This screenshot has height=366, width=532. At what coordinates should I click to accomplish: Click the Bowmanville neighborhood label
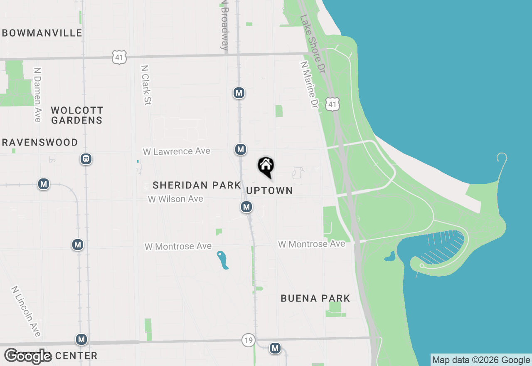[x=42, y=33]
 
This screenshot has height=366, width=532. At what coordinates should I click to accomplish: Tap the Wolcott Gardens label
[x=77, y=115]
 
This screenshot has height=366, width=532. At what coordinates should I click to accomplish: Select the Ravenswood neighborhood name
[x=40, y=142]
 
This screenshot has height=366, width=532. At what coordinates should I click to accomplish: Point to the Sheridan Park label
[x=197, y=185]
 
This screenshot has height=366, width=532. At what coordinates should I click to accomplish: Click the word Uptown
[x=270, y=190]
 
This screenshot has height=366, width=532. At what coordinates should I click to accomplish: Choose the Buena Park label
[x=315, y=298]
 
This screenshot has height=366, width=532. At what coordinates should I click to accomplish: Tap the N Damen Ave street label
[x=38, y=95]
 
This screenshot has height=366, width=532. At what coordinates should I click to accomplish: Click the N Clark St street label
[x=145, y=85]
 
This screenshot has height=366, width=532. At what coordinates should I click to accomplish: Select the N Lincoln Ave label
[x=27, y=311]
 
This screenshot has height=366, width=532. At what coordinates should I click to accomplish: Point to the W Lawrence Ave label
[x=177, y=151]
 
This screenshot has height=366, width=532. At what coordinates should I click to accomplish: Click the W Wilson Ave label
[x=175, y=199]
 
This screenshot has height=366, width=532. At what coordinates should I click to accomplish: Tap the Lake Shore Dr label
[x=312, y=45]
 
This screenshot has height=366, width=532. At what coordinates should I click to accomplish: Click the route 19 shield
[x=248, y=341]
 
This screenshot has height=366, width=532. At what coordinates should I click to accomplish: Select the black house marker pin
[x=266, y=167]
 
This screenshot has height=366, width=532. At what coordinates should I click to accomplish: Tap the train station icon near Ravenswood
[x=86, y=159]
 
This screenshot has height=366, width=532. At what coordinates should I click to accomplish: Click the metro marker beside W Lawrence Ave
[x=240, y=149]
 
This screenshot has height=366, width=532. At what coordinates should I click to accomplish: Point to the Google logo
[x=28, y=356]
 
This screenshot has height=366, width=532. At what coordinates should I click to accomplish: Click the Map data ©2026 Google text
[x=481, y=360]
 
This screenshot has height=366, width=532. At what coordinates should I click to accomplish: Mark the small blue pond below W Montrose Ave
[x=223, y=260]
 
